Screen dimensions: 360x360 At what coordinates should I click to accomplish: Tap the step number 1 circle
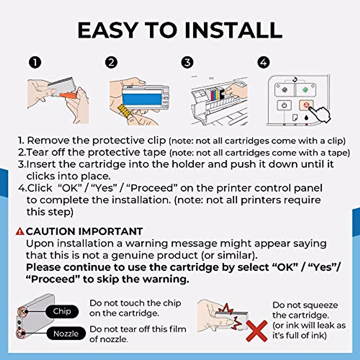click(35, 62)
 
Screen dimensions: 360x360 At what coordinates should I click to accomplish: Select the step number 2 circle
click(111, 62)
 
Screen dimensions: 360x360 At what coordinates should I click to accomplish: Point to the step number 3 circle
click(187, 62)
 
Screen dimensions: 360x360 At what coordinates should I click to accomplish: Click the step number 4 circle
click(264, 62)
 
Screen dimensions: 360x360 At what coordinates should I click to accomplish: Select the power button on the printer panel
click(284, 106)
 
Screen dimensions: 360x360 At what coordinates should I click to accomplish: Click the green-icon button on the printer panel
click(305, 90)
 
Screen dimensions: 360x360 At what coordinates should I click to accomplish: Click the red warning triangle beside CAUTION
click(20, 232)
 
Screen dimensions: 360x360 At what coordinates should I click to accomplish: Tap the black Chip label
click(62, 311)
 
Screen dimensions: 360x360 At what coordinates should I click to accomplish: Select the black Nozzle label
click(66, 333)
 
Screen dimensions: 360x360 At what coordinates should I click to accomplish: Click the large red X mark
click(257, 331)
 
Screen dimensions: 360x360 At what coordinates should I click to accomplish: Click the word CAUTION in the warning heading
click(50, 232)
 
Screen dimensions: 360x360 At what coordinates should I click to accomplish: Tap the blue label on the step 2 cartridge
click(142, 99)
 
